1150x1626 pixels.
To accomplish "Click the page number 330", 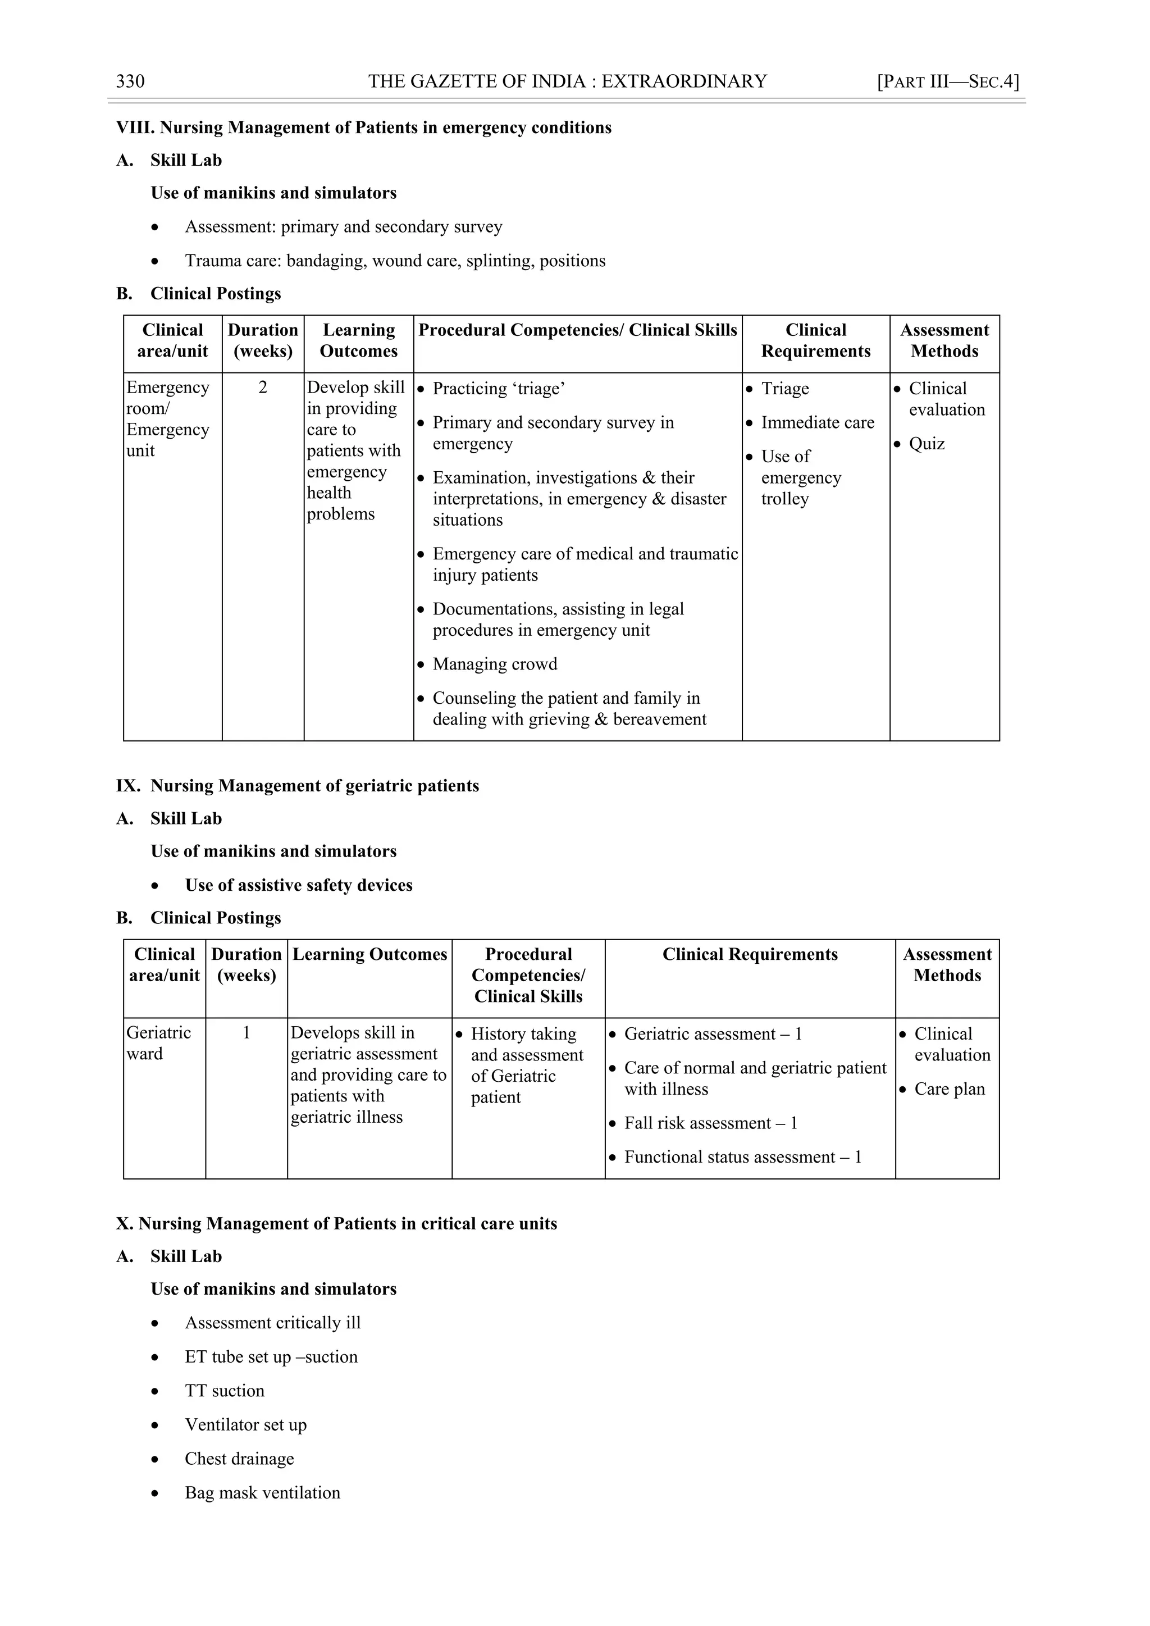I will pos(130,81).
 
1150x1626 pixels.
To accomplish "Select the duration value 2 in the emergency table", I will pos(263,388).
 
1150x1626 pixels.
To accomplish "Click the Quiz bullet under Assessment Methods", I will pos(926,444).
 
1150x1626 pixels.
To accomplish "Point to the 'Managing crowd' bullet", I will pos(494,664).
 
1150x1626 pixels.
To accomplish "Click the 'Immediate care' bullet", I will pos(817,423).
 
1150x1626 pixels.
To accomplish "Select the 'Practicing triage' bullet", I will pos(499,389).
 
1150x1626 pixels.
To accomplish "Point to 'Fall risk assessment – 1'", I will pos(710,1123).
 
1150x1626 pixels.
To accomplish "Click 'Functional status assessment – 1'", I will pos(742,1157).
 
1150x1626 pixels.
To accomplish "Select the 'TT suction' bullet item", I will pos(225,1391).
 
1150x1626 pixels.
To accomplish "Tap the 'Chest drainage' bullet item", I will pos(239,1459).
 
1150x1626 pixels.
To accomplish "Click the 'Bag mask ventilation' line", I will pos(262,1493).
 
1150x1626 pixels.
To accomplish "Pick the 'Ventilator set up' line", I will pos(246,1425).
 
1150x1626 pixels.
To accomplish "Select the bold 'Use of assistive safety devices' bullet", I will pos(298,885).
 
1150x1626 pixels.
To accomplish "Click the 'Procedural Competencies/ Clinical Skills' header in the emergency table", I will pos(577,331).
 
